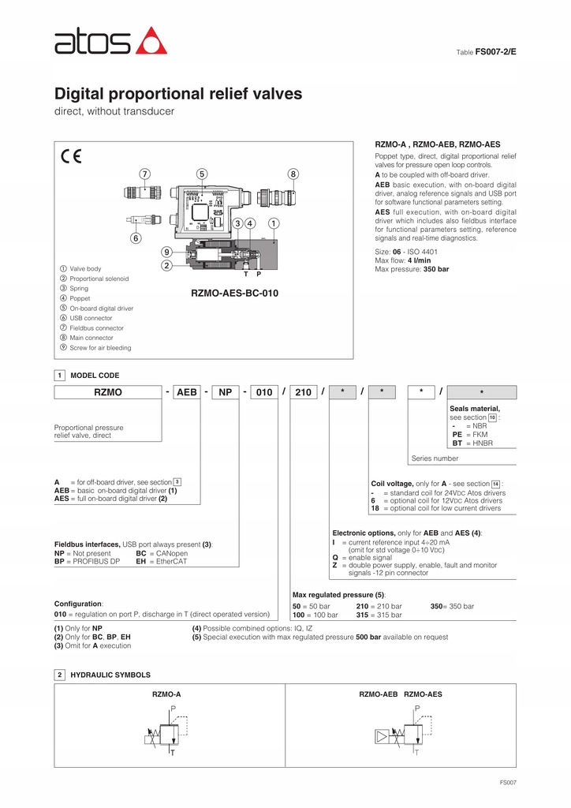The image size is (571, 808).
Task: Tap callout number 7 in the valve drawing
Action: click(x=144, y=173)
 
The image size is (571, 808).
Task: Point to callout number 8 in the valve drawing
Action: click(x=293, y=174)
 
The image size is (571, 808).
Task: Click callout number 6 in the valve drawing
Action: click(x=135, y=237)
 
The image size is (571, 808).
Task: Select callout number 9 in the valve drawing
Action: click(x=166, y=252)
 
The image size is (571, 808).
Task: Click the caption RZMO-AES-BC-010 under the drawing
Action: click(x=235, y=293)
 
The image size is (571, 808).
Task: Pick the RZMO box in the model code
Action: click(x=108, y=391)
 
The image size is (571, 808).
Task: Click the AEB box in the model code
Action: click(x=187, y=392)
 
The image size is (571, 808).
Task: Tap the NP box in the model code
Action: click(x=225, y=392)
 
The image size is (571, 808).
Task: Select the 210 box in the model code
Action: click(x=304, y=392)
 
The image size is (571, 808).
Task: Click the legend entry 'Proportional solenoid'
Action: click(x=99, y=279)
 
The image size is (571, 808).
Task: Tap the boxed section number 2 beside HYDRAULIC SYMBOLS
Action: click(x=59, y=675)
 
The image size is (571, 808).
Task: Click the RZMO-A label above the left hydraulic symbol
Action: click(x=166, y=694)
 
